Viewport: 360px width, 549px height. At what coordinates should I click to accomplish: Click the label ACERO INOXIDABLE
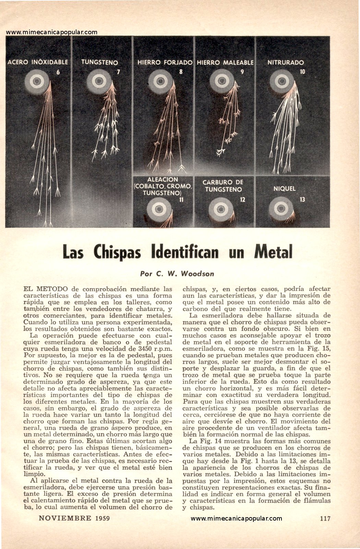click(x=38, y=62)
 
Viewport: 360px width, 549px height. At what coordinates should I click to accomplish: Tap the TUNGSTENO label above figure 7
click(x=99, y=62)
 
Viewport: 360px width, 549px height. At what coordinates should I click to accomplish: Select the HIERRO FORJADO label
click(x=165, y=62)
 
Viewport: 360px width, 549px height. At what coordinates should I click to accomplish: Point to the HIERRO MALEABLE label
click(x=225, y=62)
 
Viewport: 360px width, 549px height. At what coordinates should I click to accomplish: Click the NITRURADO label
click(x=286, y=62)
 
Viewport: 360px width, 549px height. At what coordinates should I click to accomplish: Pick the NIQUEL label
click(x=284, y=188)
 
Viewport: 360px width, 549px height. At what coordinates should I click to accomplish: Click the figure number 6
click(x=58, y=72)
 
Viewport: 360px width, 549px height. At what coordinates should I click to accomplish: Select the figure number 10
click(x=302, y=72)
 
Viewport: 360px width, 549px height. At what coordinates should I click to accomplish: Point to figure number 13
click(x=302, y=199)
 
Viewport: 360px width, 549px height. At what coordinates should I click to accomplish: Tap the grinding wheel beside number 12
click(x=221, y=209)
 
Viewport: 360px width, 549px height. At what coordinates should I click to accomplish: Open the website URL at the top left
click(x=52, y=32)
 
